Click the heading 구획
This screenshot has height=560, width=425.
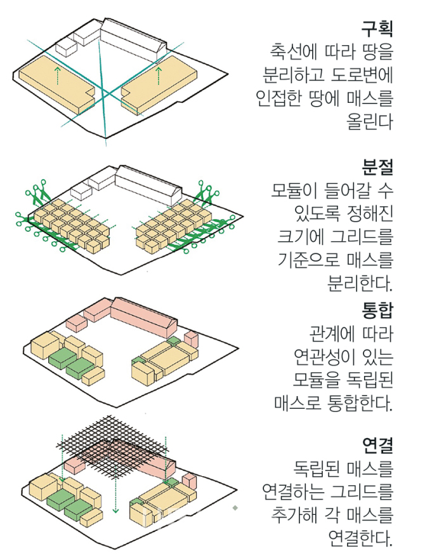click(x=377, y=29)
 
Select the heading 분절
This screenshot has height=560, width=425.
click(x=377, y=168)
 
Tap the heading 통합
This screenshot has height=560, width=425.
click(x=377, y=310)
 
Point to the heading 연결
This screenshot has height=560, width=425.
click(x=377, y=446)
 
